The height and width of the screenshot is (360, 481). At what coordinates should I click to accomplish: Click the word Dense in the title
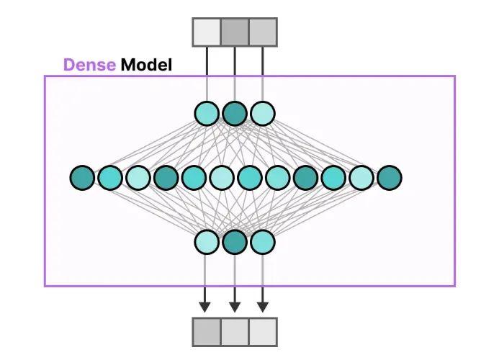89,65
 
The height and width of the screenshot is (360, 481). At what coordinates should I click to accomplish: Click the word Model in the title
146,65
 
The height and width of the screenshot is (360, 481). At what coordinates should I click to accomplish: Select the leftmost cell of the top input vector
207,32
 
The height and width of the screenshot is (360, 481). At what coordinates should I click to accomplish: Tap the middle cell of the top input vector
235,32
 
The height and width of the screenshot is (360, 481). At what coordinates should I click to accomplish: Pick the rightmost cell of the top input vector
263,32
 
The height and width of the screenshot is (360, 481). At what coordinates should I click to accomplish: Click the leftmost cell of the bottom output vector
207,332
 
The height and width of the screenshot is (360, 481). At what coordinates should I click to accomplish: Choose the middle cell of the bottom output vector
235,332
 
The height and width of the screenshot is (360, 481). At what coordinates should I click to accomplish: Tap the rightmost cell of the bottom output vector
263,332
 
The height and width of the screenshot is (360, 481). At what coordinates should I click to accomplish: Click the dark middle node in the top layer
235,114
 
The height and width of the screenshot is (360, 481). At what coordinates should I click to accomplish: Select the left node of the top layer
207,114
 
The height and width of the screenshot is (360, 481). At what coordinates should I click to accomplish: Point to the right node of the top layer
263,114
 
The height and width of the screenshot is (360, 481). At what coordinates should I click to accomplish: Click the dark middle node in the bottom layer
235,242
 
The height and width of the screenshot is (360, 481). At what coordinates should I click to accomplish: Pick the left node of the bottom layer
207,242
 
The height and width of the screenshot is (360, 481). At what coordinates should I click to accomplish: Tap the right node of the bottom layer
263,242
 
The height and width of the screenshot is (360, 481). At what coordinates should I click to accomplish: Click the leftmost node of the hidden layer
82,178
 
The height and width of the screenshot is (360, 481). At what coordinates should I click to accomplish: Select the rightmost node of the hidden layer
390,178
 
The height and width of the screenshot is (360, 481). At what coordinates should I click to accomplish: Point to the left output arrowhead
204,307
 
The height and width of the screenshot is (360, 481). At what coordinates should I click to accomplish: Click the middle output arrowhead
235,307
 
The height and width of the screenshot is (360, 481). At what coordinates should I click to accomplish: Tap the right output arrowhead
263,307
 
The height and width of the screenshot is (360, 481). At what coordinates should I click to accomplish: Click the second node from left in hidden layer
110,178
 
